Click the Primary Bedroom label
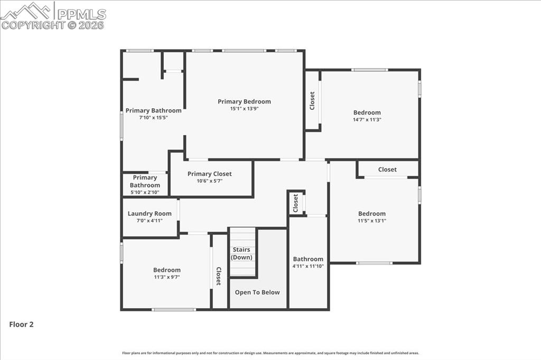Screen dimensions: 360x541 pyautogui.click(x=244, y=101)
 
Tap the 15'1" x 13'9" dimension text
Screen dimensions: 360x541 pyautogui.click(x=244, y=109)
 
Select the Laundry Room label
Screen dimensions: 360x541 pyautogui.click(x=150, y=213)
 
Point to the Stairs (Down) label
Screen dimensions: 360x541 pyautogui.click(x=241, y=253)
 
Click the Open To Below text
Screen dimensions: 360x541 pyautogui.click(x=257, y=292)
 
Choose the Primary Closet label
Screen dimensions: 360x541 pyautogui.click(x=209, y=174)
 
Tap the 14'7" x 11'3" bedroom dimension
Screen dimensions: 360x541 pyautogui.click(x=367, y=120)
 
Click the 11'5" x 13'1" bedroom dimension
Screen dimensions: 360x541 pyautogui.click(x=371, y=221)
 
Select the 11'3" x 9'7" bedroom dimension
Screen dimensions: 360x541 pyautogui.click(x=167, y=277)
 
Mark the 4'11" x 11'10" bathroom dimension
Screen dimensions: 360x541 pyautogui.click(x=308, y=266)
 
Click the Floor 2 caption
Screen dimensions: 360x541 pyautogui.click(x=21, y=325)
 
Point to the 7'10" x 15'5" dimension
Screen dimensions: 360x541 pyautogui.click(x=153, y=118)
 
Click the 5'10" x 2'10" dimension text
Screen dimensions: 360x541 pyautogui.click(x=145, y=192)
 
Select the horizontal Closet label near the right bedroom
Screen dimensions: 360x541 pyautogui.click(x=387, y=169)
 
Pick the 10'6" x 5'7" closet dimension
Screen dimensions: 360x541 pyautogui.click(x=209, y=181)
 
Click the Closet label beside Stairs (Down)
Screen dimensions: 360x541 pyautogui.click(x=218, y=276)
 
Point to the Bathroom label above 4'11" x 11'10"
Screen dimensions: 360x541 pyautogui.click(x=308, y=259)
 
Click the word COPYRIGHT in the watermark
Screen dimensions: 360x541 pyautogui.click(x=33, y=25)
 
